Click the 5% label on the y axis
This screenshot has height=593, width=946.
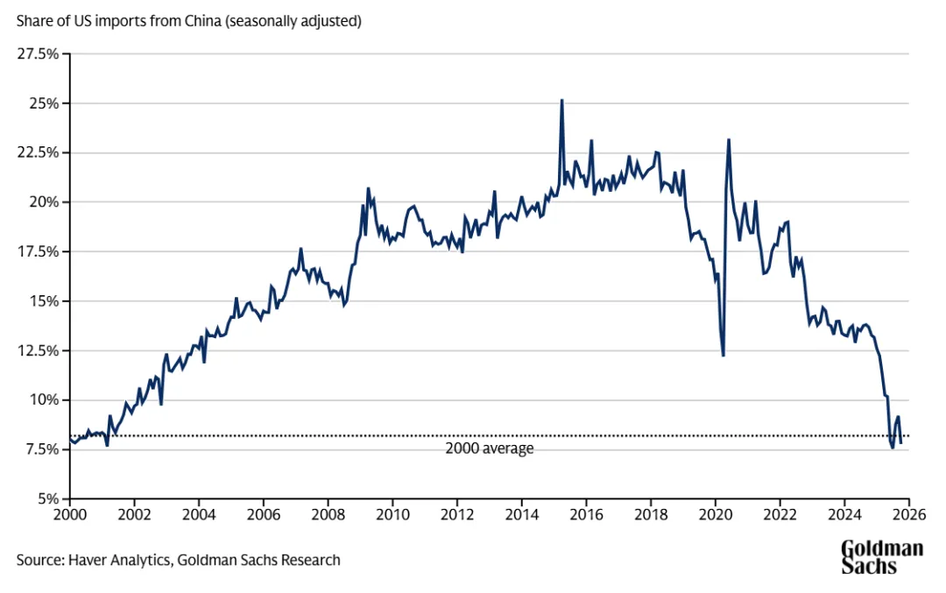[49, 499]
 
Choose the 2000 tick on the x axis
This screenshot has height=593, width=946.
[70, 513]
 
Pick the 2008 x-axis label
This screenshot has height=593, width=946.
[328, 513]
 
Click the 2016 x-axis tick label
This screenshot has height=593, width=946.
[586, 513]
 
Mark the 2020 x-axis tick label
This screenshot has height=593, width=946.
[715, 513]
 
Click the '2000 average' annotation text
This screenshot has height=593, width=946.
[489, 448]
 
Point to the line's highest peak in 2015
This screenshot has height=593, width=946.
[561, 100]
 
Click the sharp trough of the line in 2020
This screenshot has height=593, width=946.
[723, 355]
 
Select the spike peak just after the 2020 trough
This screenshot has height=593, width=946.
[729, 139]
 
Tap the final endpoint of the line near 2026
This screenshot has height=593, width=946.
[901, 443]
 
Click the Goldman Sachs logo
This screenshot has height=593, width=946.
[882, 557]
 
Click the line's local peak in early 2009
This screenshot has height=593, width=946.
[368, 188]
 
